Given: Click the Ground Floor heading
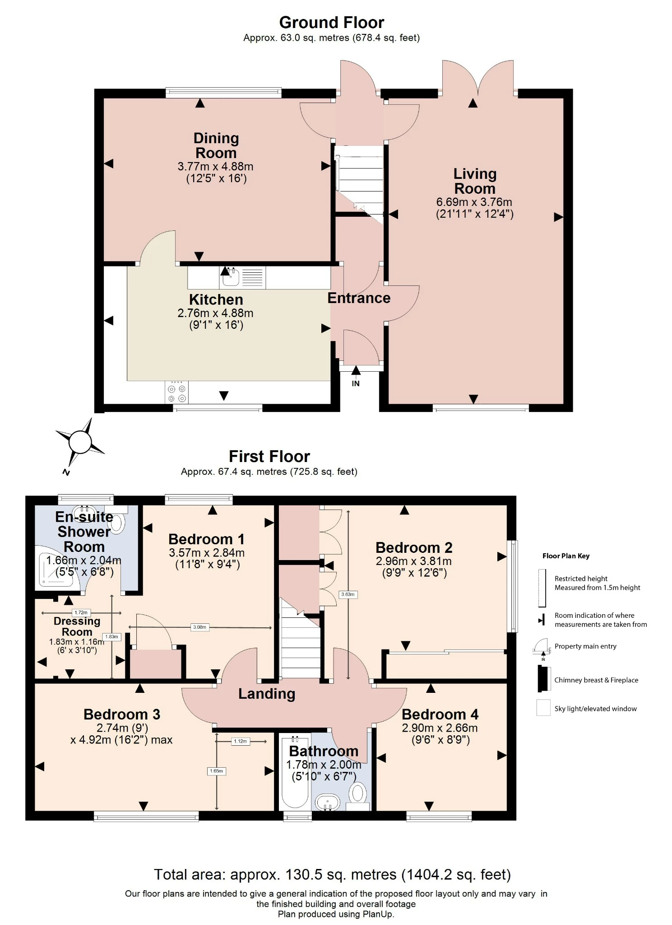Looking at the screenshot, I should [331, 22].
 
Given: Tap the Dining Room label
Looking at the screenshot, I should [216, 145].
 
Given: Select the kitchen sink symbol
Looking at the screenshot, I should [232, 277].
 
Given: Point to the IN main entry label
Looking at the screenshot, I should [356, 383].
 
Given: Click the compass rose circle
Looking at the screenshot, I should [80, 442].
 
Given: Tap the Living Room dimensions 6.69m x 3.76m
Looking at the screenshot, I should [474, 202].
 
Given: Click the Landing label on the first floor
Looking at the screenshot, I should [266, 694].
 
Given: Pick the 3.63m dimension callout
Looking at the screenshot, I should [348, 594].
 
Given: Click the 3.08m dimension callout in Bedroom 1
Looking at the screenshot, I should [199, 627].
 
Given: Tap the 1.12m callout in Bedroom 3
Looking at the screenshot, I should [240, 741].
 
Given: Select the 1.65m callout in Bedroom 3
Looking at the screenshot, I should [216, 771].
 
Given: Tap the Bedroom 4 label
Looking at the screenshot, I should [440, 715].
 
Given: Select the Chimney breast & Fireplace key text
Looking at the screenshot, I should [596, 680].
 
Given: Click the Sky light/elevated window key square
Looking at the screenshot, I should [543, 708].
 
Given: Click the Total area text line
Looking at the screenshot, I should [332, 874].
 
